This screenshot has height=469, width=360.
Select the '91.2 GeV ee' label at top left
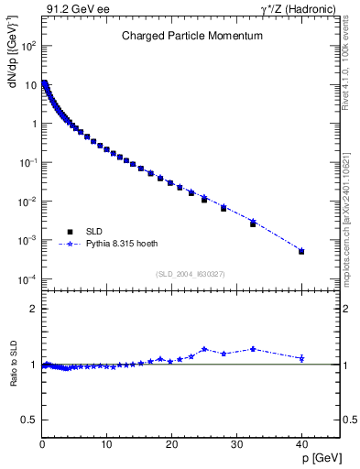click(71, 9)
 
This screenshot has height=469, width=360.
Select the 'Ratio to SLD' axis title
click(12, 378)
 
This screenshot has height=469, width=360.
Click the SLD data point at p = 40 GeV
click(301, 251)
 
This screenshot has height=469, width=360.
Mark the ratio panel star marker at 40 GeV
click(301, 358)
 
